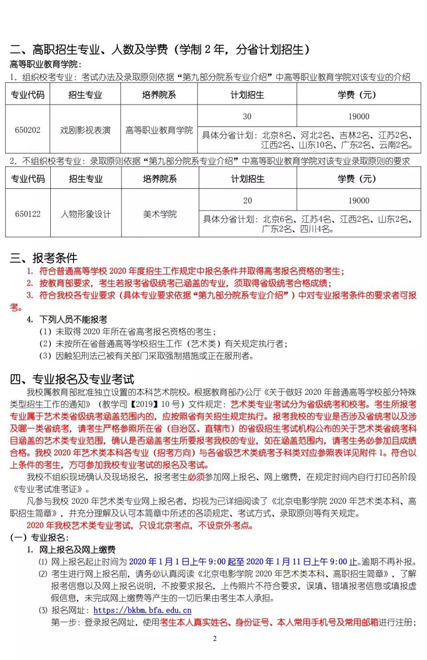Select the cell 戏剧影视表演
point(85,129)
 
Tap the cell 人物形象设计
point(85,214)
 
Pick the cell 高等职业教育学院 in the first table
point(159,129)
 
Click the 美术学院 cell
point(159,214)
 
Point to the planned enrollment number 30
point(247,116)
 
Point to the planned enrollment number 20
point(247,200)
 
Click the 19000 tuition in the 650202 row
point(360,116)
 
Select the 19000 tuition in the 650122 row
point(360,200)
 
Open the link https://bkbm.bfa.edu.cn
point(142,610)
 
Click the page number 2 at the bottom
point(215,639)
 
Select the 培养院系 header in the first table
point(159,95)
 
